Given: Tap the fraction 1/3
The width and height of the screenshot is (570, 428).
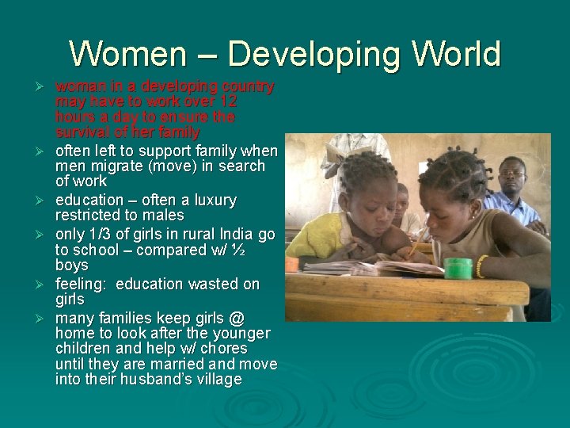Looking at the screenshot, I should point(101,234).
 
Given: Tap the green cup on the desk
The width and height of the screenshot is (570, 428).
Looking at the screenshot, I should point(457,268).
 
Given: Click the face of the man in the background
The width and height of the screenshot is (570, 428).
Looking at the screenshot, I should point(511,177).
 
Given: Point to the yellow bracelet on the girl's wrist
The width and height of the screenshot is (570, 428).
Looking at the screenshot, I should point(481,266).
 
